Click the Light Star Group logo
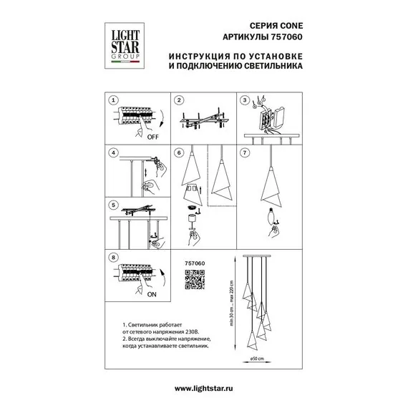tap(125, 46)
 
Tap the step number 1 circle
tap(113, 100)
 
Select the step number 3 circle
tap(245, 100)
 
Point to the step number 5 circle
tap(113, 205)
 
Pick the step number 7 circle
tap(245, 152)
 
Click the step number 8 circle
tap(113, 258)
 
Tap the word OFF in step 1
tap(152, 137)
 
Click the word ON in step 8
tap(152, 295)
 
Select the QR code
tap(195, 279)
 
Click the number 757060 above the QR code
tap(195, 263)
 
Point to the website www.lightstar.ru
tap(204, 389)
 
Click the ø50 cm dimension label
tap(257, 359)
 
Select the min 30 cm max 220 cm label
tap(232, 303)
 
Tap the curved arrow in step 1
tap(162, 118)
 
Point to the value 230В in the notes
tap(193, 332)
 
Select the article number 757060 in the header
tap(287, 37)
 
